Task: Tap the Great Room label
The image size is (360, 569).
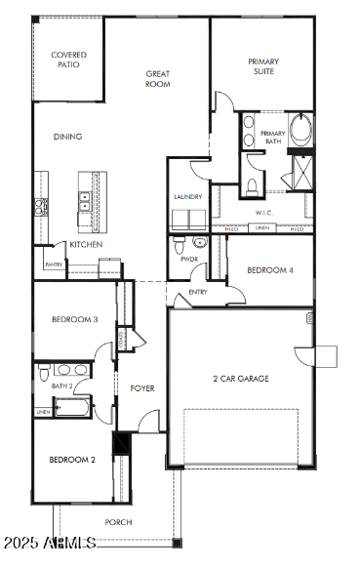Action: pyautogui.click(x=158, y=79)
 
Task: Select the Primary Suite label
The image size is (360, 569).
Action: pyautogui.click(x=262, y=65)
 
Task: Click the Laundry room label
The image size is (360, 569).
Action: pyautogui.click(x=188, y=197)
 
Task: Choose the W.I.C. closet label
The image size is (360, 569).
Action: pyautogui.click(x=262, y=212)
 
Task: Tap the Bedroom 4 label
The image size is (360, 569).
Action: pyautogui.click(x=269, y=270)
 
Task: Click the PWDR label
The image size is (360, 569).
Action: pyautogui.click(x=188, y=260)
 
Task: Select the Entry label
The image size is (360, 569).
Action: pyautogui.click(x=198, y=292)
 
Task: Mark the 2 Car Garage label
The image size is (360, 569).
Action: pyautogui.click(x=240, y=379)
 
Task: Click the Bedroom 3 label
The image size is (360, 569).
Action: pyautogui.click(x=74, y=319)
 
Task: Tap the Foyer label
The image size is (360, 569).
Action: pyautogui.click(x=142, y=388)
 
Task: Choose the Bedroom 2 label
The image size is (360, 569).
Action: pyautogui.click(x=72, y=460)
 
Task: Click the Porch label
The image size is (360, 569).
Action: pyautogui.click(x=119, y=522)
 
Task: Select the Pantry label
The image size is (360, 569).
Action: pyautogui.click(x=54, y=264)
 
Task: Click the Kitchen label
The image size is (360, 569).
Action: pyautogui.click(x=86, y=244)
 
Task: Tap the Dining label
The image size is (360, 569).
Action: pyautogui.click(x=67, y=137)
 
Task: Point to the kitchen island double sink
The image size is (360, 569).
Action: pyautogui.click(x=85, y=201)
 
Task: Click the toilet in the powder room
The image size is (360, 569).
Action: pyautogui.click(x=201, y=242)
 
